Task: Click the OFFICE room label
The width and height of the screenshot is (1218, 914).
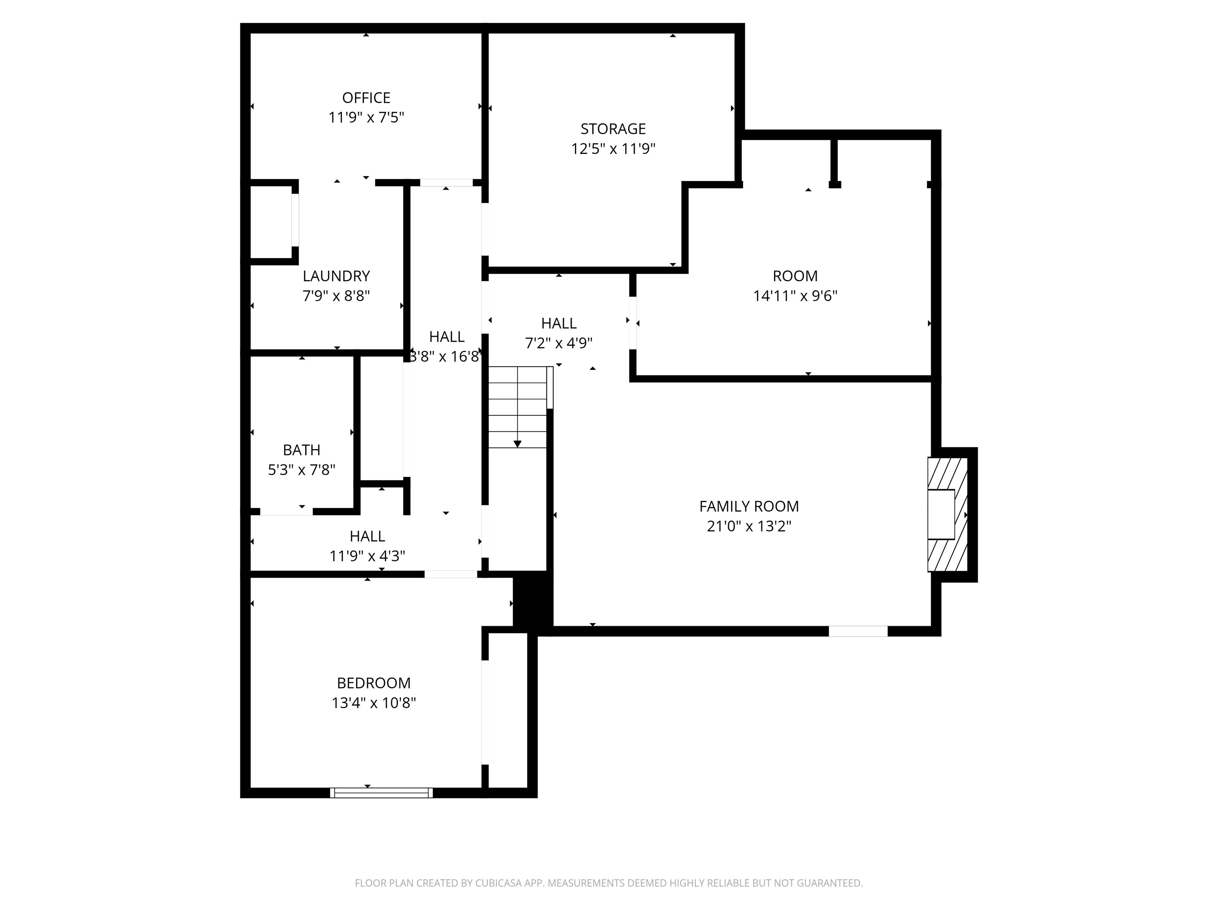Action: coord(366,98)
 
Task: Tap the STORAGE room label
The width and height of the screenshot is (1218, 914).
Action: coord(613,129)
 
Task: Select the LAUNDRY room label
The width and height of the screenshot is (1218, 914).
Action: coord(336,276)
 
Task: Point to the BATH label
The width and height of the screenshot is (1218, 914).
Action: coord(301,450)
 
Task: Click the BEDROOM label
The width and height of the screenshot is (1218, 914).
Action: coord(373,683)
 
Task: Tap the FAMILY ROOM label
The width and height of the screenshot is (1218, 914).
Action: coord(749,506)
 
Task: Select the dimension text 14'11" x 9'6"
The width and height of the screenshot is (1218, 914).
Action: coord(795,296)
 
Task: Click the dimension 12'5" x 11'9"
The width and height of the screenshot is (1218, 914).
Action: coord(613,149)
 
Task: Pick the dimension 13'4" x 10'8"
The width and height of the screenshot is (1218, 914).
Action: coord(373,703)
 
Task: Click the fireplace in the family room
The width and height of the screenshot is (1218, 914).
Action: coord(948,515)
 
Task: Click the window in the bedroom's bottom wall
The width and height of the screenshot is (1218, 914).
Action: coord(381,793)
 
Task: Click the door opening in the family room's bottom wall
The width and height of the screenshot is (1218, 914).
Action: coord(858,632)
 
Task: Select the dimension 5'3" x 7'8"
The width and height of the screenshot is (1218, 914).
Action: coord(301,470)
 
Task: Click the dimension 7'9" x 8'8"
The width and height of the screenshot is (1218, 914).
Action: coord(336,296)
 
